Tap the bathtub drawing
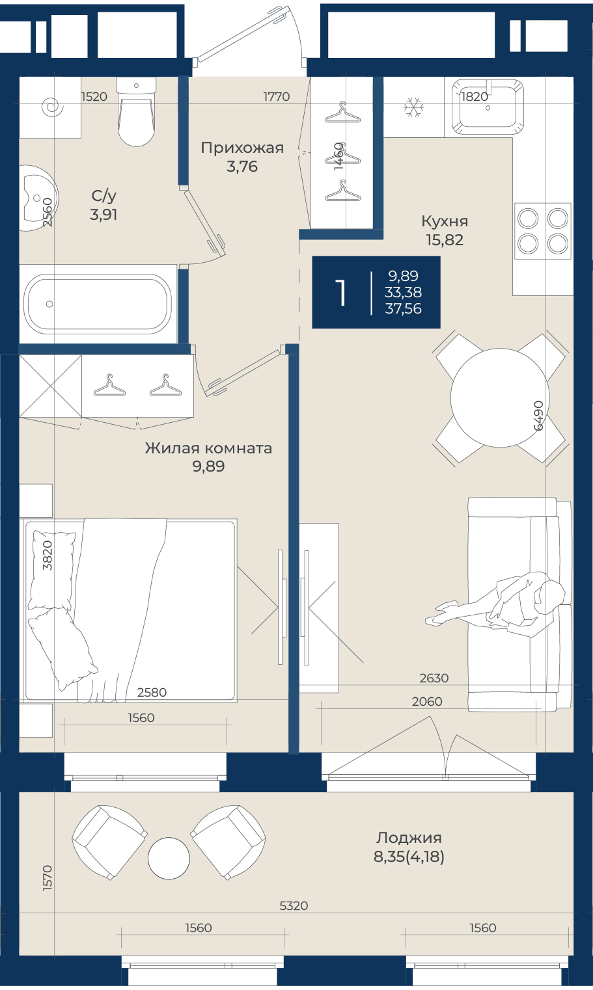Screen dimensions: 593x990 coord(98,304)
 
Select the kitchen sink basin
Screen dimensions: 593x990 coord(488,107)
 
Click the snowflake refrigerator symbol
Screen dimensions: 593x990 coord(413,107)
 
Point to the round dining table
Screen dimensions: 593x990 coord(500,397)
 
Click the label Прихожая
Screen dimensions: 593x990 coord(242,148)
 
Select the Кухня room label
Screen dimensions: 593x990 coord(445,221)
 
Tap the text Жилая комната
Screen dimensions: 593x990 coord(208,448)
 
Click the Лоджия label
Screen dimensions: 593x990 coord(409,838)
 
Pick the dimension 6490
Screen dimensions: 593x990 coord(538,415)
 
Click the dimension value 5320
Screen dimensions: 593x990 coord(294,906)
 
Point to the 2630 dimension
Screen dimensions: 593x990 coord(434,678)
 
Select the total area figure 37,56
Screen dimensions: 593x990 coord(403,308)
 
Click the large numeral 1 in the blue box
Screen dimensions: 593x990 coord(340,293)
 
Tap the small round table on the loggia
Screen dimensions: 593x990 coord(169,859)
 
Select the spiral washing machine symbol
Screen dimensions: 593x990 coord(52,107)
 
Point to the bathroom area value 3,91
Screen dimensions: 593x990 coord(103,215)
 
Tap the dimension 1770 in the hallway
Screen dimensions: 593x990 coord(277,96)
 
